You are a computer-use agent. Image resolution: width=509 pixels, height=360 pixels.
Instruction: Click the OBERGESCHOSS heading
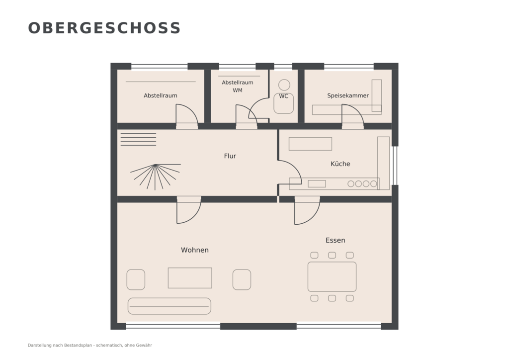(x=104, y=28)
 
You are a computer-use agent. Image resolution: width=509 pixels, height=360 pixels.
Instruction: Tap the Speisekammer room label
(x=347, y=96)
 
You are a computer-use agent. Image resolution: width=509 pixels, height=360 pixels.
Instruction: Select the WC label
(x=283, y=96)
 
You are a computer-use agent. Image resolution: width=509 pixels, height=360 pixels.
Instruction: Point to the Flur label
(x=230, y=156)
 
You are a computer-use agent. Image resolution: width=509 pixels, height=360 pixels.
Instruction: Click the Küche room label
(x=340, y=164)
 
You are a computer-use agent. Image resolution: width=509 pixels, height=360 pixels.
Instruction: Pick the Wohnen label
(x=195, y=250)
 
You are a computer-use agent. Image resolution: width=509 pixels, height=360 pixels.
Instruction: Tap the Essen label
(x=336, y=240)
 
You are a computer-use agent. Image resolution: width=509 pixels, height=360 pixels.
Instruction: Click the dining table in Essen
(x=332, y=276)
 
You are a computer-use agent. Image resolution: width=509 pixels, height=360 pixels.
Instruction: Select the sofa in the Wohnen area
(x=169, y=306)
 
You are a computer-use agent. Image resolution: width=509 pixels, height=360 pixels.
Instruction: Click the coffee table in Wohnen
(x=190, y=278)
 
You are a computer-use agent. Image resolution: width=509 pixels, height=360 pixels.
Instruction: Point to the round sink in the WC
(x=284, y=85)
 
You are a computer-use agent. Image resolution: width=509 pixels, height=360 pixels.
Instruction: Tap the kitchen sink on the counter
(x=317, y=184)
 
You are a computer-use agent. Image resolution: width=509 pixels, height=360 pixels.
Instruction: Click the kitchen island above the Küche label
(x=310, y=144)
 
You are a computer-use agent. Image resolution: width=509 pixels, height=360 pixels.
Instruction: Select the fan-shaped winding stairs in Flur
(x=156, y=177)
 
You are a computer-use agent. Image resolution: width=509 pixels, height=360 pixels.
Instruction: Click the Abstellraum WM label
(x=237, y=87)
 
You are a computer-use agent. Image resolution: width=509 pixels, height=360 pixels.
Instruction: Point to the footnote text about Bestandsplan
(x=90, y=346)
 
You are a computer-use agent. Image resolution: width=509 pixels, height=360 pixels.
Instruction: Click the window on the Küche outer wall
(x=395, y=166)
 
